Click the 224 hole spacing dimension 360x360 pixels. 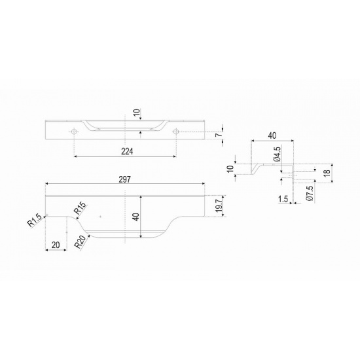point(127,151)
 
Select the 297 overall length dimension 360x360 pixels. point(124,179)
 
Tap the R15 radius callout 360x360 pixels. point(80,207)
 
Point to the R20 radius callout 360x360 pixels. point(82,242)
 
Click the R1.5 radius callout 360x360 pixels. point(35,221)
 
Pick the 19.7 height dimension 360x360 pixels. point(219,206)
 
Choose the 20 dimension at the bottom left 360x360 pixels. point(56,245)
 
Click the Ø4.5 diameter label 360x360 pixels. point(277,154)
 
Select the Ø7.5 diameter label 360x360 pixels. point(310,193)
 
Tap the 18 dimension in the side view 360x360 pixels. point(328,173)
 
